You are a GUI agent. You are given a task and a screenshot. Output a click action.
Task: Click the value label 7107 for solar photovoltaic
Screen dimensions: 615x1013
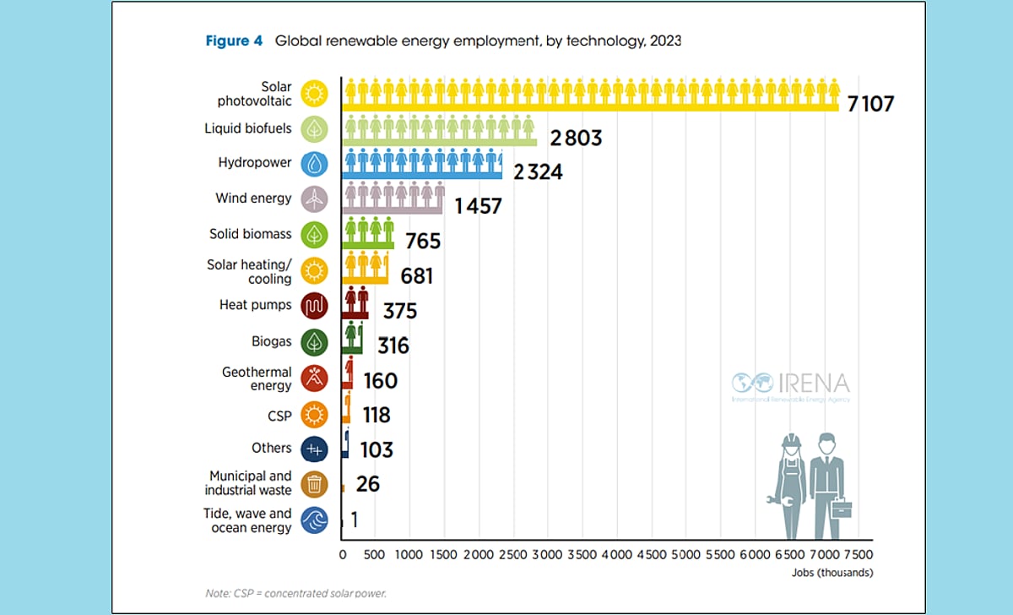coord(865,105)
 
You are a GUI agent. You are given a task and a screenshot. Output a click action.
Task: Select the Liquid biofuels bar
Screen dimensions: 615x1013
coord(439,130)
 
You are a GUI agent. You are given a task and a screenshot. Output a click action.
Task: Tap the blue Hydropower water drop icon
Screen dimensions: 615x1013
coord(314,163)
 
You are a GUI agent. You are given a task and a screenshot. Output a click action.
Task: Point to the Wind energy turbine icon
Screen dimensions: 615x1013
coord(314,199)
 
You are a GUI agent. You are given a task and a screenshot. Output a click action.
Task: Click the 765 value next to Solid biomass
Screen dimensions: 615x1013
coord(423,242)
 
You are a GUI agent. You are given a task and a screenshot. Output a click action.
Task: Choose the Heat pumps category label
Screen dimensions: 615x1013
coord(255,305)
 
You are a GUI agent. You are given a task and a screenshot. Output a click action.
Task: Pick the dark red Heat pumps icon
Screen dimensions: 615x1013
coord(314,305)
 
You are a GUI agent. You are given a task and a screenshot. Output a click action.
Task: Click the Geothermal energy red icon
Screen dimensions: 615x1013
coord(314,378)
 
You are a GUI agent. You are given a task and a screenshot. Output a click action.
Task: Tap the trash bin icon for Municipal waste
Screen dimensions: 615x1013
coord(314,483)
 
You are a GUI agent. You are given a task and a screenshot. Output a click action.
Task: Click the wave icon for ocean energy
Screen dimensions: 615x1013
coord(314,520)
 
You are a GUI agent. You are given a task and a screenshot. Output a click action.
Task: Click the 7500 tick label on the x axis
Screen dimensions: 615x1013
coord(857,555)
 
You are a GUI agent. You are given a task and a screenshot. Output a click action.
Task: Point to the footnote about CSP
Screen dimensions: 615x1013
coord(295,593)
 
